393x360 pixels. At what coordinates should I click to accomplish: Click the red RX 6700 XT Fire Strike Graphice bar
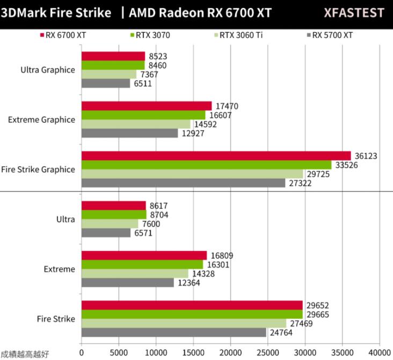216,156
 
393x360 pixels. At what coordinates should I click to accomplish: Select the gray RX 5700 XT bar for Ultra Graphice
106,84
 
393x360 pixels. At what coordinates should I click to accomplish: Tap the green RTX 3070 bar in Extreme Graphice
143,115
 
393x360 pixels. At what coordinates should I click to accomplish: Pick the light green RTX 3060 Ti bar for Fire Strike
184,324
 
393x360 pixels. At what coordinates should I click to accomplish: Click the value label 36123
366,156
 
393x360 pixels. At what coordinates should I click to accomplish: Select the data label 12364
188,283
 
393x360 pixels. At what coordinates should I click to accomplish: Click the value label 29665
317,314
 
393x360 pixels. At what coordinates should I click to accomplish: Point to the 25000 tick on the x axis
267,352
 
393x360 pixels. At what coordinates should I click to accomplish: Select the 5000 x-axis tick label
119,352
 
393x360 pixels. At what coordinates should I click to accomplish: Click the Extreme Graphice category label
41,120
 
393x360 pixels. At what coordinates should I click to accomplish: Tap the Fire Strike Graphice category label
38,170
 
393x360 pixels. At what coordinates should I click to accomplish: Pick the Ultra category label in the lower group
65,219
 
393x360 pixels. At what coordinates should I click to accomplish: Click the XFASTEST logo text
354,13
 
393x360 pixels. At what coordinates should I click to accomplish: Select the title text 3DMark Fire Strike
56,13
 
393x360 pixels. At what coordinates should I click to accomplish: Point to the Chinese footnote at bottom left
25,354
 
